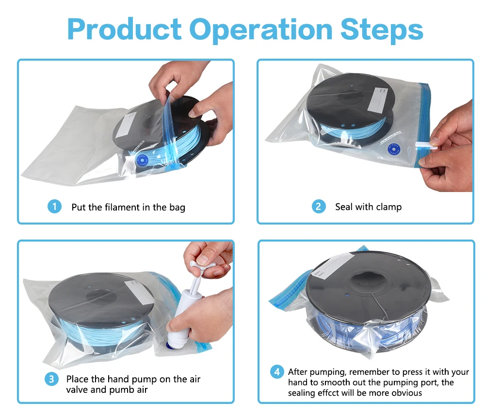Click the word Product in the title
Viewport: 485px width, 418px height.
click(124, 30)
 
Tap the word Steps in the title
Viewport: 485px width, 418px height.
click(382, 30)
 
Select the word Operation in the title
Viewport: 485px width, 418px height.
click(261, 30)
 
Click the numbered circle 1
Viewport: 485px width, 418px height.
click(54, 207)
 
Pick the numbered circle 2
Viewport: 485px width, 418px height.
click(319, 207)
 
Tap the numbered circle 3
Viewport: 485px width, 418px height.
click(51, 379)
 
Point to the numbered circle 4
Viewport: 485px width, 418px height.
click(277, 371)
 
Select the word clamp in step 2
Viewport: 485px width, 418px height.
click(389, 207)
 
